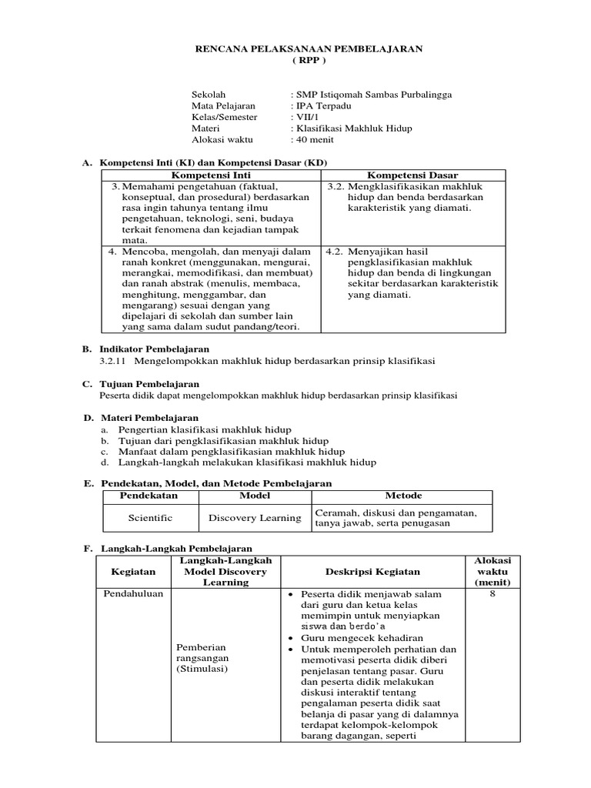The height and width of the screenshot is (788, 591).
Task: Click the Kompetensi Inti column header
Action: (210, 175)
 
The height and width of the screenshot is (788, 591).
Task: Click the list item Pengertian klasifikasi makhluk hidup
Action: (205, 429)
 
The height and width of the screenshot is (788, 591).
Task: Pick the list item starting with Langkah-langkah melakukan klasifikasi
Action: (247, 462)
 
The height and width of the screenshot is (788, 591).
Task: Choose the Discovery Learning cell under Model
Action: (255, 518)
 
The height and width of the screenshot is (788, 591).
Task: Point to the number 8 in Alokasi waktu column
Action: (497, 594)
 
